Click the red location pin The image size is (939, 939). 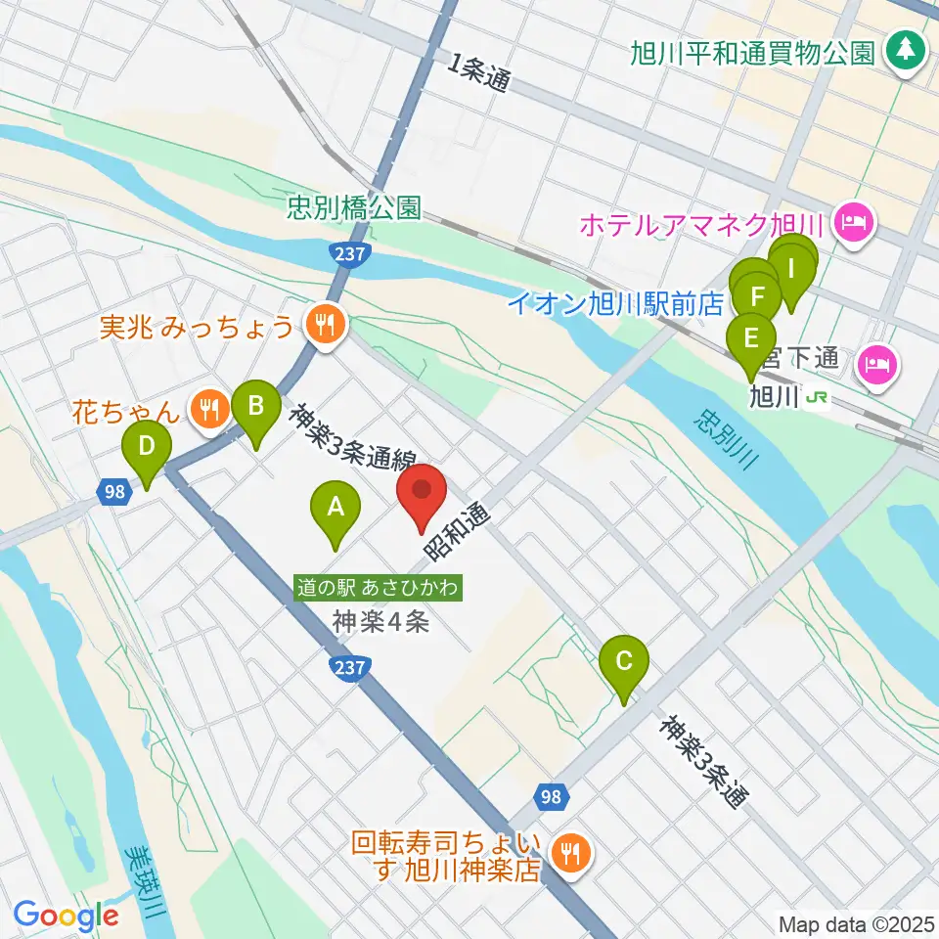422,497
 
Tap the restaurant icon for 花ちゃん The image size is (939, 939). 208,411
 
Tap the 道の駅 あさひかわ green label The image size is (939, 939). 380,588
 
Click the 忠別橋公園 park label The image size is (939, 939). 354,207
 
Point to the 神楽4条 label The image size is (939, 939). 380,621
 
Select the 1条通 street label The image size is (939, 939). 479,73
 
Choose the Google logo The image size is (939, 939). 66,917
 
